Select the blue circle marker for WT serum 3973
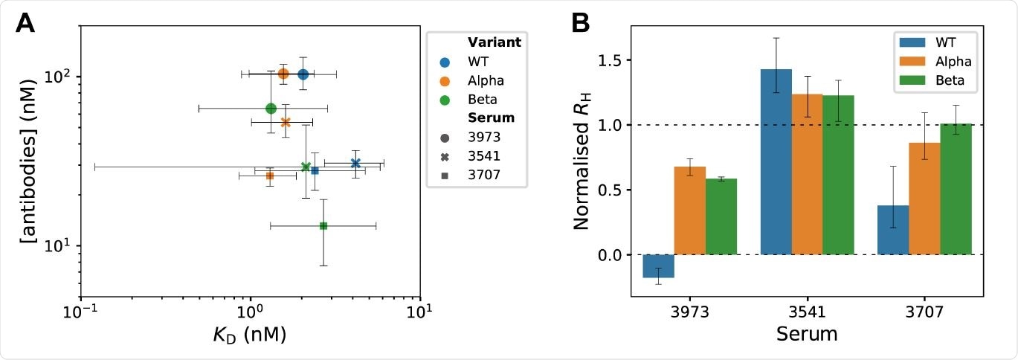pyautogui.click(x=303, y=74)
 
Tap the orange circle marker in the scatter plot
pyautogui.click(x=283, y=74)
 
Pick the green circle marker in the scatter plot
pyautogui.click(x=271, y=109)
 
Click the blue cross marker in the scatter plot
pyautogui.click(x=355, y=163)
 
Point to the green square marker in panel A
pyautogui.click(x=323, y=225)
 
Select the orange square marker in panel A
pyautogui.click(x=270, y=176)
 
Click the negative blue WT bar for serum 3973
pyautogui.click(x=658, y=266)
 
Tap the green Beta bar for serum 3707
pyautogui.click(x=956, y=189)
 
